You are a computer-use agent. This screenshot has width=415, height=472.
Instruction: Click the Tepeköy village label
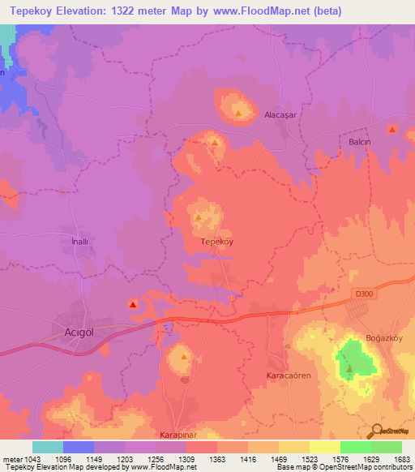pos(216,242)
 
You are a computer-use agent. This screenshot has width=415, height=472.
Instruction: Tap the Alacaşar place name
pos(282,115)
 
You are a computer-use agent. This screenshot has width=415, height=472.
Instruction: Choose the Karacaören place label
pos(289,376)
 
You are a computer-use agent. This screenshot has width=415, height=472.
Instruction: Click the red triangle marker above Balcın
pos(392,130)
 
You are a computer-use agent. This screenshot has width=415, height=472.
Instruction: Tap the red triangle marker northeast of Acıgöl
pos(133,304)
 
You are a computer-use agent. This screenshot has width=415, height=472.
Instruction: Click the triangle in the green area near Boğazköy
pos(349,369)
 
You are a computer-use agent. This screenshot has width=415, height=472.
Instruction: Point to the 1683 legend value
pos(401,460)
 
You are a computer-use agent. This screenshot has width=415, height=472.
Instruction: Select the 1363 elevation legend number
pos(216,460)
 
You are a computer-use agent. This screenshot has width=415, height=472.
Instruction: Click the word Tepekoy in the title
pos(33,11)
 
